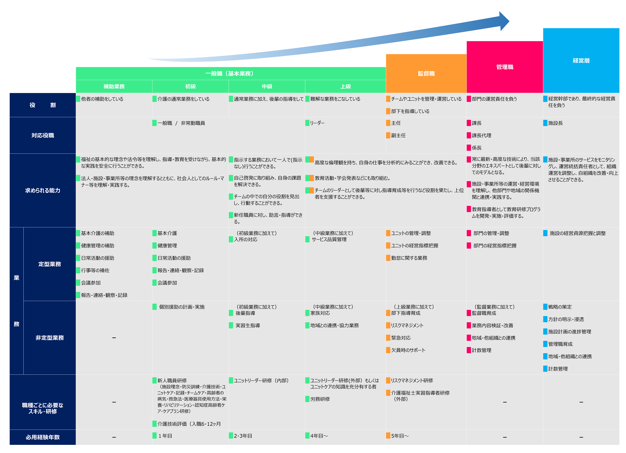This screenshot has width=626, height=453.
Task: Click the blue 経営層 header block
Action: point(581,60)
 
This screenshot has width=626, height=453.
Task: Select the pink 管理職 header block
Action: point(505,67)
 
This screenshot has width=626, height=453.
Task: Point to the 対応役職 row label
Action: point(43,135)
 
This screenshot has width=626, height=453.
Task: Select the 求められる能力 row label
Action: point(43,190)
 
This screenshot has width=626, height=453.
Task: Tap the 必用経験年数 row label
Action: point(43,437)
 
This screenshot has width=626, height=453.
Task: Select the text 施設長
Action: point(555,123)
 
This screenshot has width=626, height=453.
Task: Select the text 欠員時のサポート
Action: point(408,350)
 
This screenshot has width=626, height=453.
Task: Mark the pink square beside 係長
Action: point(469,148)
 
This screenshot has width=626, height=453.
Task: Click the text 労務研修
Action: point(320,399)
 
